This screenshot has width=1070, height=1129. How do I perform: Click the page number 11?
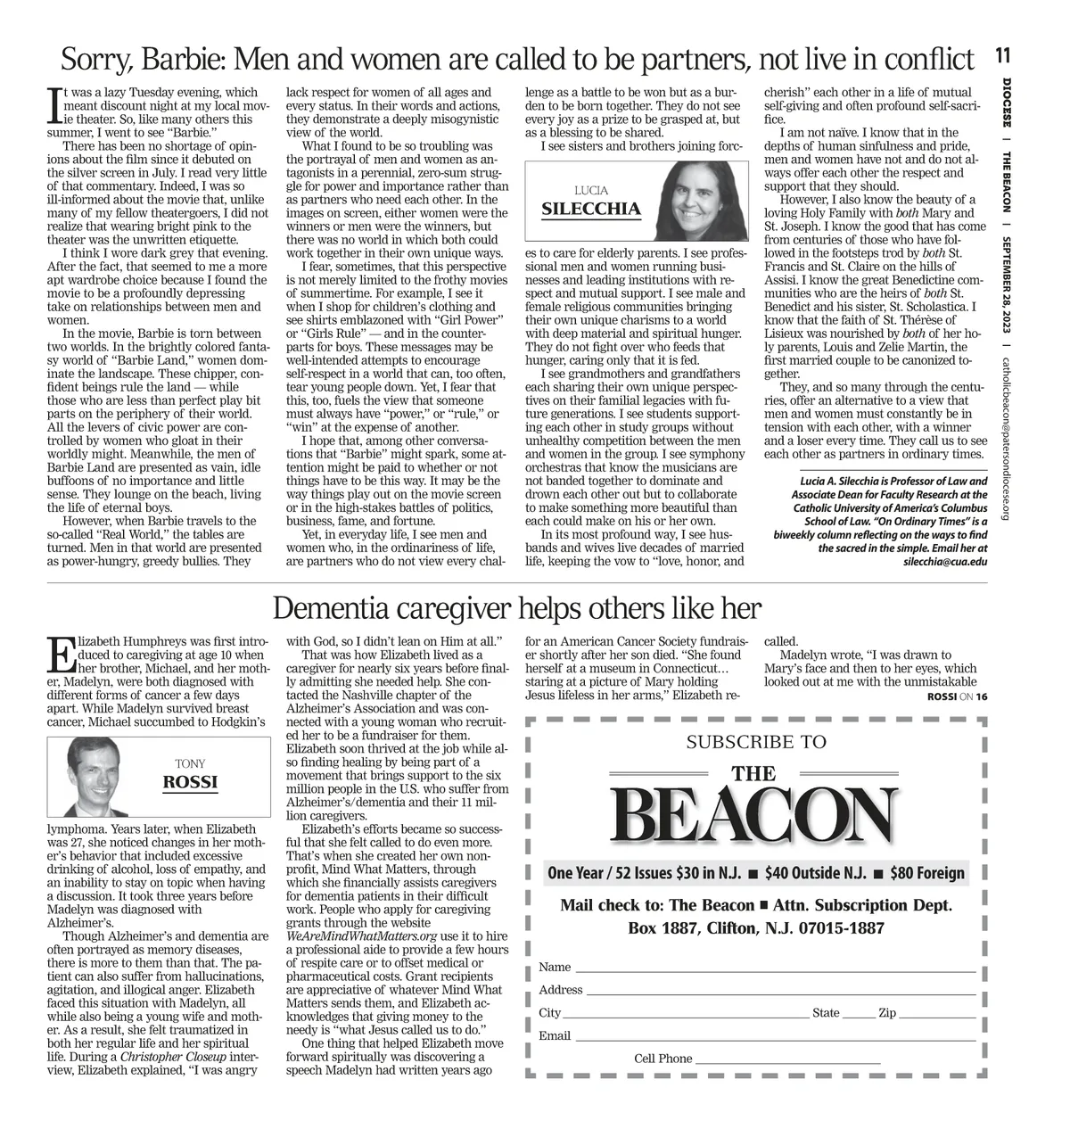(x=1003, y=56)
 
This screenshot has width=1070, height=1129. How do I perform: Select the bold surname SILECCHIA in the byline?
(x=591, y=210)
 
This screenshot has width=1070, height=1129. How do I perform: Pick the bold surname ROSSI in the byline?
(x=190, y=783)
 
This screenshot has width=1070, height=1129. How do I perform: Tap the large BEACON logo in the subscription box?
(x=754, y=816)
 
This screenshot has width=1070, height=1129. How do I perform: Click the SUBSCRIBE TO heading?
(x=756, y=742)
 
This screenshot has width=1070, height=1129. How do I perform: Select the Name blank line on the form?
(x=774, y=970)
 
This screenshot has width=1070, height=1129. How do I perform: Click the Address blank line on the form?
(x=780, y=993)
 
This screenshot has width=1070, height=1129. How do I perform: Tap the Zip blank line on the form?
(x=937, y=1016)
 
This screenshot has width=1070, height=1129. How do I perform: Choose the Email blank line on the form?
(x=774, y=1039)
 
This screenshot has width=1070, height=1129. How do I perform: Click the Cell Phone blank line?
(x=786, y=1062)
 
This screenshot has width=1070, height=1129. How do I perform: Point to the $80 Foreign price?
(x=927, y=873)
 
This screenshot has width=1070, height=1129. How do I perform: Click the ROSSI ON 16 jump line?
(x=957, y=696)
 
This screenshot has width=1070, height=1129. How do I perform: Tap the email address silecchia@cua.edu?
(x=945, y=562)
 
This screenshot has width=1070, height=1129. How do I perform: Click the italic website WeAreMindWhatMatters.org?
(x=362, y=936)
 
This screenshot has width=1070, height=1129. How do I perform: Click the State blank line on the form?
(x=858, y=1016)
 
